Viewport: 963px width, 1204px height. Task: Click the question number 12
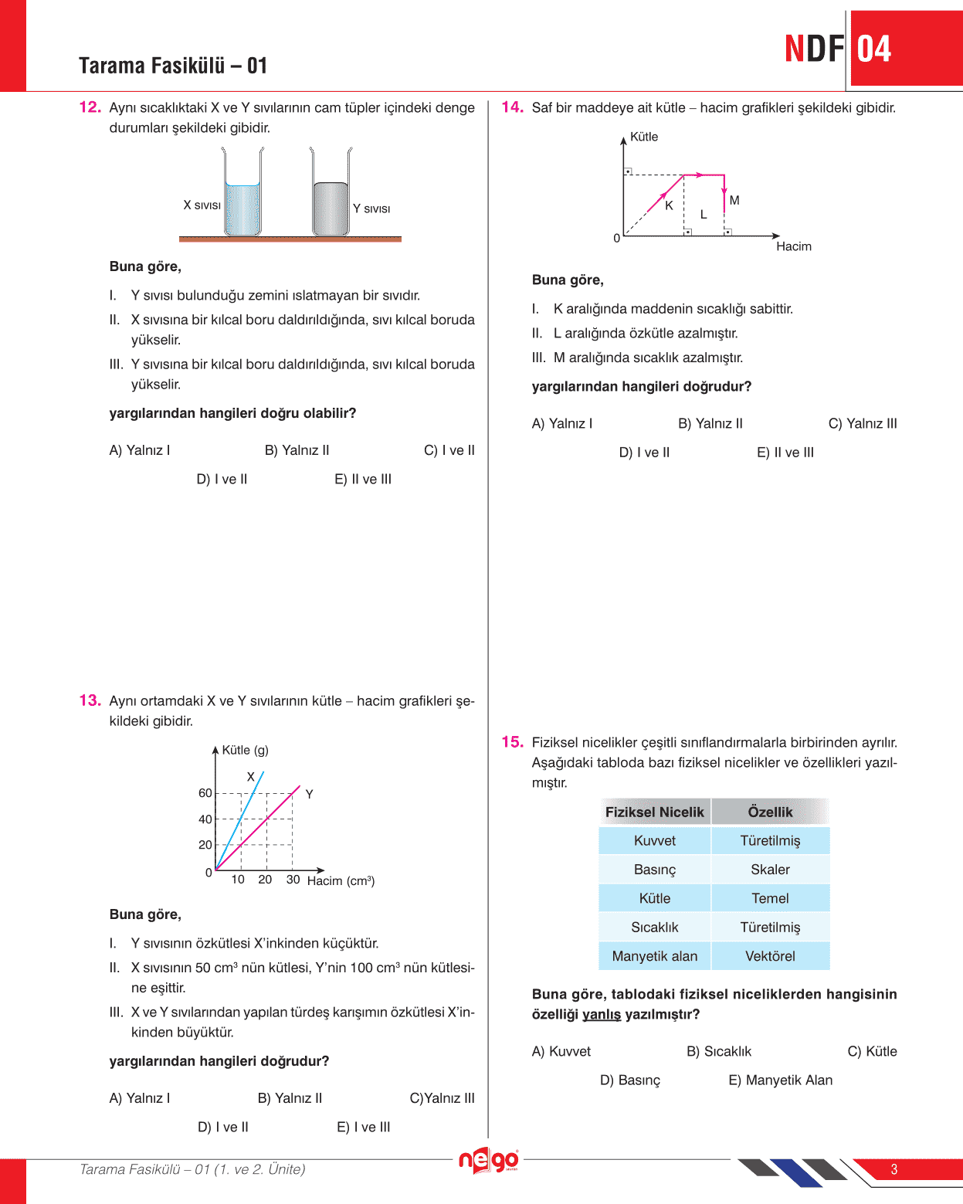point(90,107)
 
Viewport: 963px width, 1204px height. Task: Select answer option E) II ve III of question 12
point(363,480)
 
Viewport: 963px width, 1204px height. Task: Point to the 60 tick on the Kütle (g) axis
point(205,793)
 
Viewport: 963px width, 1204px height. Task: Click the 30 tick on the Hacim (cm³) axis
point(293,880)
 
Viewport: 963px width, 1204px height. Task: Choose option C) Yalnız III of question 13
point(442,1098)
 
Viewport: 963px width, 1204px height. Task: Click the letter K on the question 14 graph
point(669,205)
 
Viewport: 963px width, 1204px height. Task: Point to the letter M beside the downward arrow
point(734,201)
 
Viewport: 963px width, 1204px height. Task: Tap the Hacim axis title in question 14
point(794,246)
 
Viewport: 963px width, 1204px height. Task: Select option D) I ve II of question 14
point(644,453)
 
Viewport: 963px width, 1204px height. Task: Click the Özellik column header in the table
point(770,812)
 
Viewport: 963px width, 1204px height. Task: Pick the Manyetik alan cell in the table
point(655,956)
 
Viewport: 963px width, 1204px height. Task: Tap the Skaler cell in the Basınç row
point(770,870)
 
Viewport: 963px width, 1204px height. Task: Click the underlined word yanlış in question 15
point(602,1014)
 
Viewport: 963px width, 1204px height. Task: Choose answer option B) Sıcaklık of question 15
point(719,1052)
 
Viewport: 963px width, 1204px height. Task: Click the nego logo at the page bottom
point(488,1160)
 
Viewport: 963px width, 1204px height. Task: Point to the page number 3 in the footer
point(894,1169)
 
